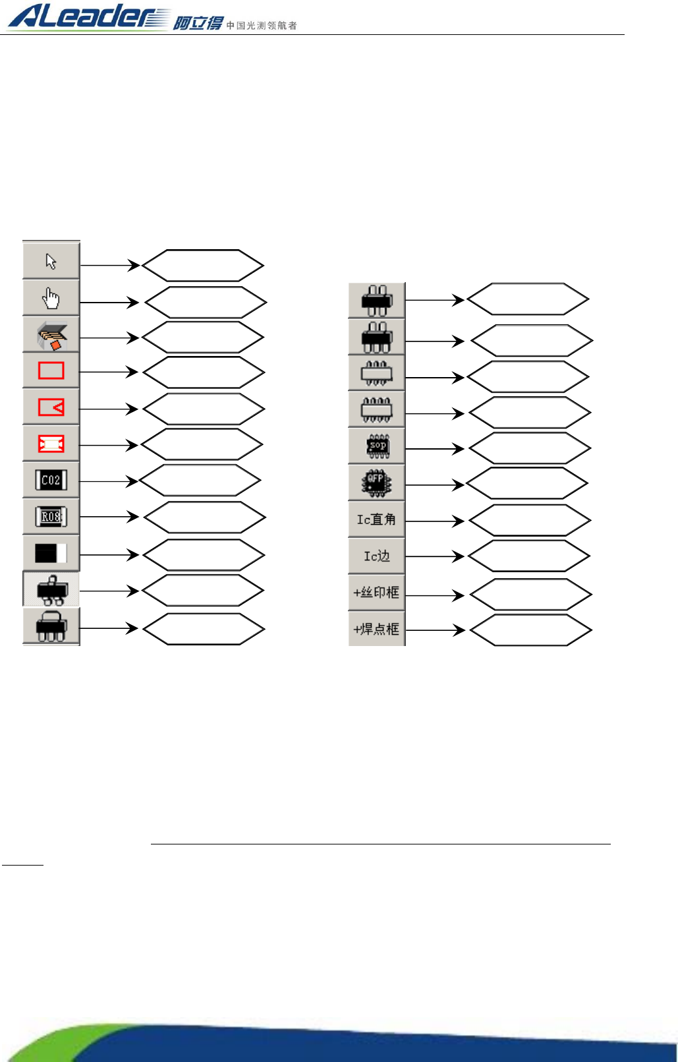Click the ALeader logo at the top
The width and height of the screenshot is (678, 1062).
[x=89, y=16]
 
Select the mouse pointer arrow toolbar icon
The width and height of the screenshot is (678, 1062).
[x=51, y=261]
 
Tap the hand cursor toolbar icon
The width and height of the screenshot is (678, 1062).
[x=51, y=299]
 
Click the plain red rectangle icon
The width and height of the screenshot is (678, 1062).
[x=51, y=370]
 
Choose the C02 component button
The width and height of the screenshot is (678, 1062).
[x=51, y=480]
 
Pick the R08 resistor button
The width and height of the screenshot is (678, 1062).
[x=51, y=517]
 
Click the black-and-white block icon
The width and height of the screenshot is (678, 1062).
[x=51, y=553]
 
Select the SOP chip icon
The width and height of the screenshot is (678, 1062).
[x=378, y=446]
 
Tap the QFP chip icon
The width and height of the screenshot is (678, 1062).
[x=377, y=483]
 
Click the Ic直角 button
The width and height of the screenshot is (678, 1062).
[x=377, y=519]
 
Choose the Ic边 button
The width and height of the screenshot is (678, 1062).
[x=377, y=556]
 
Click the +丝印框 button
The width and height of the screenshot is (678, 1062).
[x=377, y=593]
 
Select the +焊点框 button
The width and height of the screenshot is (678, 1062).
[x=377, y=629]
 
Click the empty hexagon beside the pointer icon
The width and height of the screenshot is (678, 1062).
[x=203, y=266]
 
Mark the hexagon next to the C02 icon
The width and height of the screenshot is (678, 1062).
[x=200, y=481]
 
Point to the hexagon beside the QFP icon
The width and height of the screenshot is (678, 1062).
[x=527, y=484]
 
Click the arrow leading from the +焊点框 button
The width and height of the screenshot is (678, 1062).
[x=435, y=630]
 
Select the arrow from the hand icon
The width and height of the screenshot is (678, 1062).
[x=109, y=303]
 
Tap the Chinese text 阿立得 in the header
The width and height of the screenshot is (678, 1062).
[x=198, y=24]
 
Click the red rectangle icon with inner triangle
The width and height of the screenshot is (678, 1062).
[x=51, y=407]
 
